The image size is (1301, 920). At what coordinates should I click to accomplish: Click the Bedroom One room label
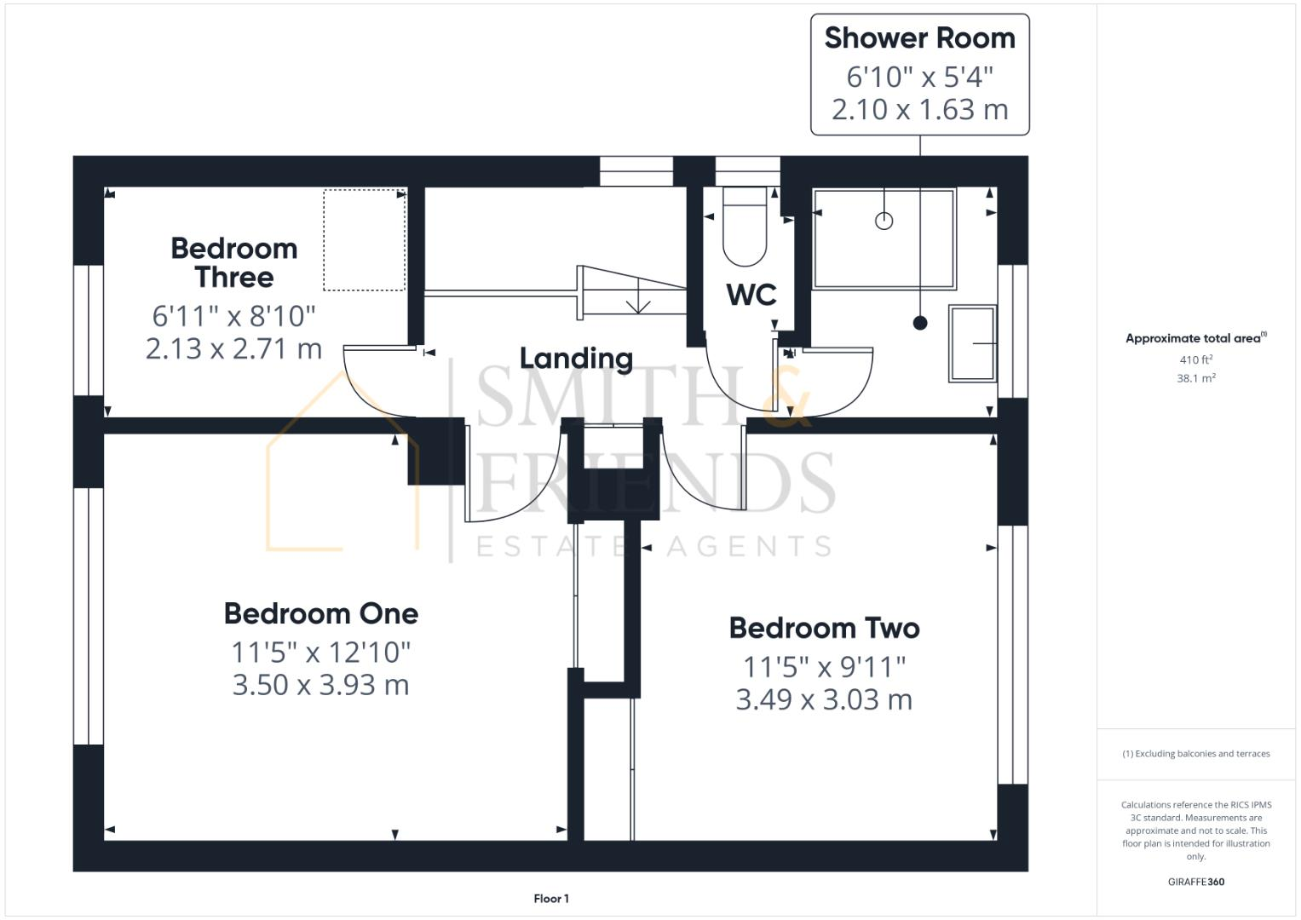pyautogui.click(x=321, y=613)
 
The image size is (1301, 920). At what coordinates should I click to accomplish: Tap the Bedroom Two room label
pyautogui.click(x=824, y=628)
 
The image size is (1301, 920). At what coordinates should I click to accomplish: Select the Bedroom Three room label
pyautogui.click(x=234, y=262)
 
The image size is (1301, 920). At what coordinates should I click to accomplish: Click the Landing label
pyautogui.click(x=576, y=359)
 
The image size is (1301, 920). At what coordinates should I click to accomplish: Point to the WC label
pyautogui.click(x=751, y=295)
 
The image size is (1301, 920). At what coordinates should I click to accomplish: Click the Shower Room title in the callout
pyautogui.click(x=919, y=38)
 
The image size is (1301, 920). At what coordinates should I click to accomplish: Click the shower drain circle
pyautogui.click(x=884, y=221)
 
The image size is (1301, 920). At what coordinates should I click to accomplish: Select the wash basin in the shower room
pyautogui.click(x=972, y=343)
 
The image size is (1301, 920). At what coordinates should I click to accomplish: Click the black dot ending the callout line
pyautogui.click(x=919, y=323)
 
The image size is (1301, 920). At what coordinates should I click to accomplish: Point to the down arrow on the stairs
pyautogui.click(x=637, y=303)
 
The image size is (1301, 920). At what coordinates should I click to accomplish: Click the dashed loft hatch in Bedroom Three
pyautogui.click(x=364, y=240)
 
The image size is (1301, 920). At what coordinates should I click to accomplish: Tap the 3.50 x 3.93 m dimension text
pyautogui.click(x=321, y=685)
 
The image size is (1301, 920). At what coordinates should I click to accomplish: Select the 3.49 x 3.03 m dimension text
pyautogui.click(x=824, y=699)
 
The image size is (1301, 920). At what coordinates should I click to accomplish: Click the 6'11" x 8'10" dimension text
pyautogui.click(x=234, y=316)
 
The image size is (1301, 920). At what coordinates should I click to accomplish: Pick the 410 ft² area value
pyautogui.click(x=1195, y=359)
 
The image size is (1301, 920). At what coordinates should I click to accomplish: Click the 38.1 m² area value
pyautogui.click(x=1195, y=378)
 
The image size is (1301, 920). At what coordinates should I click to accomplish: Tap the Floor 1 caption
pyautogui.click(x=551, y=899)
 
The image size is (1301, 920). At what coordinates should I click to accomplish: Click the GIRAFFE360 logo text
pyautogui.click(x=1195, y=882)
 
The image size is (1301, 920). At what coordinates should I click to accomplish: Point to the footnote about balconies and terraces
pyautogui.click(x=1195, y=754)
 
